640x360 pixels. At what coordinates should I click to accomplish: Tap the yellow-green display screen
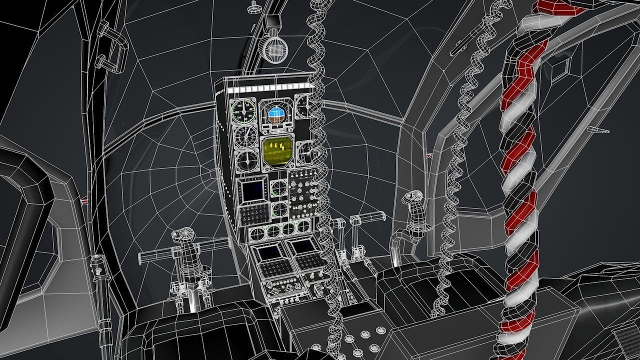tap(277, 151)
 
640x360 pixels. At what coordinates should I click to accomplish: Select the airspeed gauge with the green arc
tap(243, 110)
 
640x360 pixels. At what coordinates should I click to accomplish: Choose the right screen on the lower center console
tap(302, 246)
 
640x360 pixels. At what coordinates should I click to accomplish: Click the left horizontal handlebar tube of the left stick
tap(155, 255)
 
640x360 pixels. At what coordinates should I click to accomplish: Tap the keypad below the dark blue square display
tap(253, 215)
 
